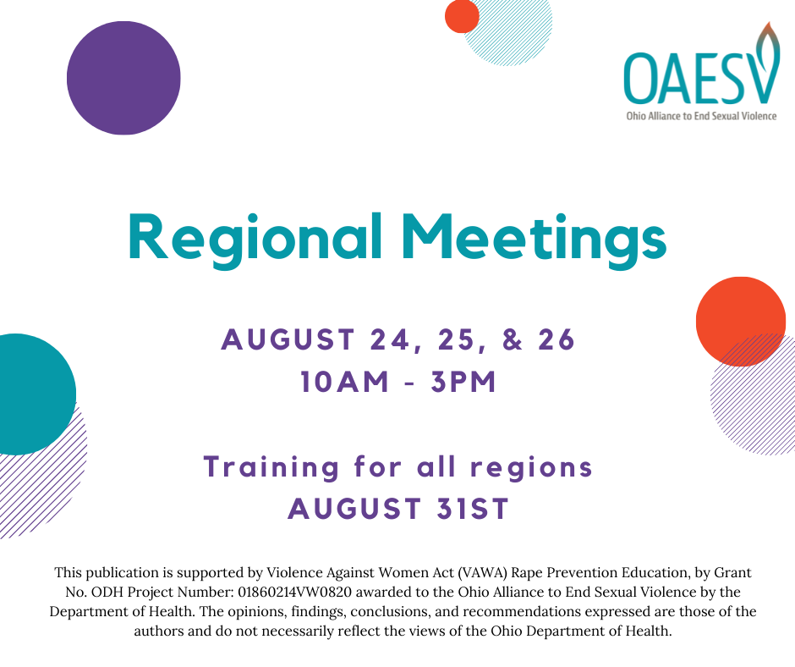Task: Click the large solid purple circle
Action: (x=123, y=78)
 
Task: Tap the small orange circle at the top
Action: (x=462, y=16)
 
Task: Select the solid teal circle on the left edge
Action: (x=20, y=394)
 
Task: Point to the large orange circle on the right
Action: (x=741, y=322)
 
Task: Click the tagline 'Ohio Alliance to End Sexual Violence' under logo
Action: (x=701, y=116)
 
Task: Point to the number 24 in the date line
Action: (x=390, y=339)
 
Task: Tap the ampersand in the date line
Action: (x=512, y=339)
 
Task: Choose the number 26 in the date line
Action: (x=556, y=339)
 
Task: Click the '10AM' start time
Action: (x=344, y=382)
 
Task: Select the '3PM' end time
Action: (x=463, y=382)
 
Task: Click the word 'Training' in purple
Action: (x=271, y=468)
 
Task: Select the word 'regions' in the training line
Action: (x=531, y=468)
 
